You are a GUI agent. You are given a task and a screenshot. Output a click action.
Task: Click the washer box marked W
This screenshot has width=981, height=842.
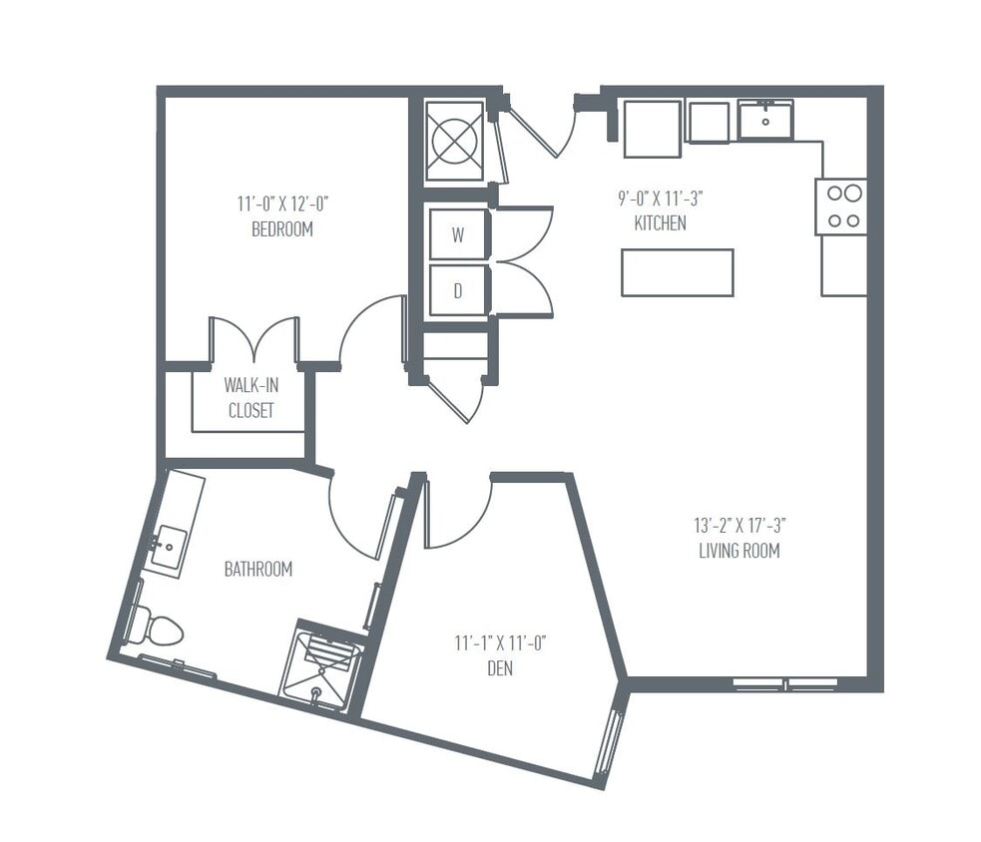pyautogui.click(x=458, y=235)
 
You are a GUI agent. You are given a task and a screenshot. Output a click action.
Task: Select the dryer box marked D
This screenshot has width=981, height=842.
pyautogui.click(x=458, y=290)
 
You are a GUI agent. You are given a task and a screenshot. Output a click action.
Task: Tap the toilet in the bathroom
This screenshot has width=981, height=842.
pyautogui.click(x=157, y=628)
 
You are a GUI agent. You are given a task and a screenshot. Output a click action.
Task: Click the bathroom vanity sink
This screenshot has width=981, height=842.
pyautogui.click(x=167, y=546)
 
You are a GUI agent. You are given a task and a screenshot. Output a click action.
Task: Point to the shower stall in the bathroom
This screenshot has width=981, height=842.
pyautogui.click(x=320, y=664)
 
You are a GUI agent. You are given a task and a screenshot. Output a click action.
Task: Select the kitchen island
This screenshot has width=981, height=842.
pyautogui.click(x=677, y=272)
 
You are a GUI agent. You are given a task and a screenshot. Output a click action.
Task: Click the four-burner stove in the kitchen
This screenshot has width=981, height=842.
pyautogui.click(x=840, y=207)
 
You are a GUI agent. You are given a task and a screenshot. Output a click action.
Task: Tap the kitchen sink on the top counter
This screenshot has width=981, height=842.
pyautogui.click(x=765, y=121)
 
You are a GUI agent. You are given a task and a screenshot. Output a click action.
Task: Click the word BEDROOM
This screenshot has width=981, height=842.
pyautogui.click(x=282, y=229)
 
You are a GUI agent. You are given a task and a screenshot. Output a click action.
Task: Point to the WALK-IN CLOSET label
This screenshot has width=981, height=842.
pyautogui.click(x=249, y=397)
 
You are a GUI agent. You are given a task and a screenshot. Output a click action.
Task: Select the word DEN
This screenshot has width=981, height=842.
pyautogui.click(x=500, y=668)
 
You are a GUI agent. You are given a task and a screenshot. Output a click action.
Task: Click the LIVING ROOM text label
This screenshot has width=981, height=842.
pyautogui.click(x=738, y=551)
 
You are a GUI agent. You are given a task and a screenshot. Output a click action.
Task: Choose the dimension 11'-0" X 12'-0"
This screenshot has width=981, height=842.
pyautogui.click(x=282, y=205)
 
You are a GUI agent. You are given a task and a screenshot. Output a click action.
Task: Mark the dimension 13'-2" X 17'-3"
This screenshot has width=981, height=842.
pyautogui.click(x=738, y=525)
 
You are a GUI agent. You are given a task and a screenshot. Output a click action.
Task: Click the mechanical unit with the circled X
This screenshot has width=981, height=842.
pyautogui.click(x=455, y=141)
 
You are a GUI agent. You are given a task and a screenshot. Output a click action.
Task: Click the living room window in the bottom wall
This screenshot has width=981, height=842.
pyautogui.click(x=785, y=684)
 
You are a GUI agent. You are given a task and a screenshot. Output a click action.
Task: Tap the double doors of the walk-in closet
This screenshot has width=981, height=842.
pyautogui.click(x=253, y=340)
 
